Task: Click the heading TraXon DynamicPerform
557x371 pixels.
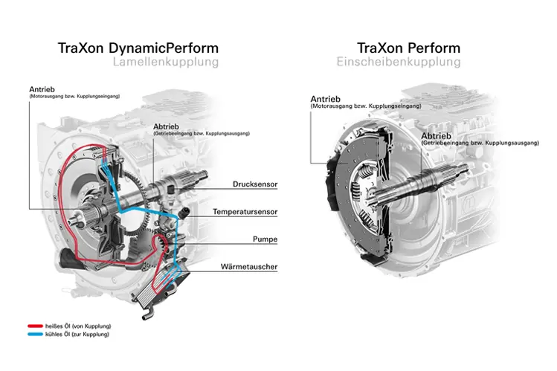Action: [x=138, y=48]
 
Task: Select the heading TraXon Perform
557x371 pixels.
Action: [x=408, y=48]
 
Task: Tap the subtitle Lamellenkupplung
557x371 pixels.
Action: [x=165, y=62]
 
